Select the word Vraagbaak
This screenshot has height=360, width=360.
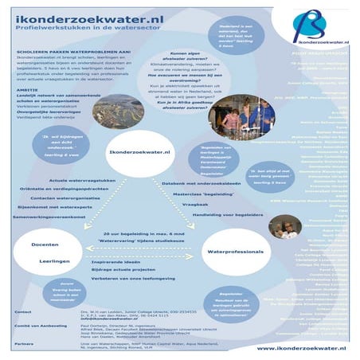[x=183, y=204]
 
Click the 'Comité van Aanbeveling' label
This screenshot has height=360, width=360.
[x=33, y=327]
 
